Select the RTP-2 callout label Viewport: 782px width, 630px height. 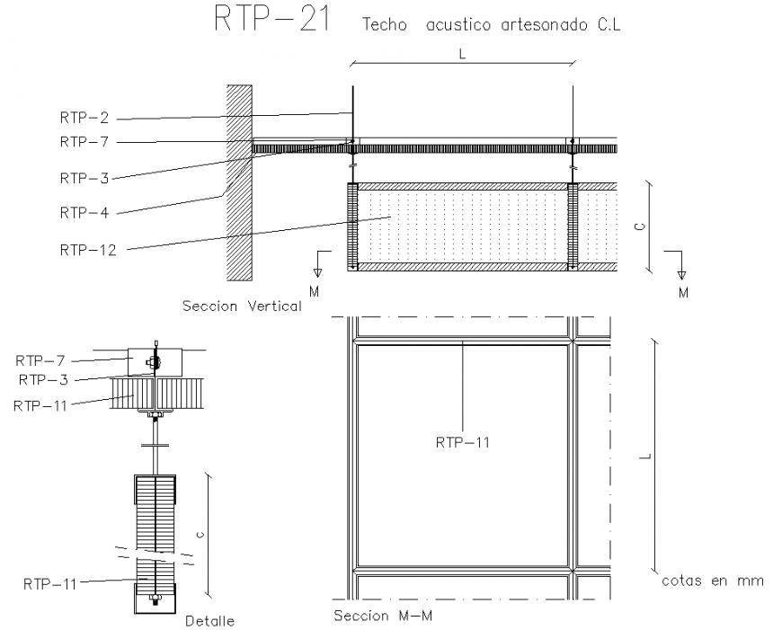[x=84, y=118]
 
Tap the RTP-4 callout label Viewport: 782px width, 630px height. [x=84, y=213]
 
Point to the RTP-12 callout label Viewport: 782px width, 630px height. [x=88, y=250]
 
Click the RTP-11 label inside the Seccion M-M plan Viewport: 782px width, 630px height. [x=463, y=441]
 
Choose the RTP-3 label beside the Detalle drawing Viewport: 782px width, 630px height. [x=43, y=378]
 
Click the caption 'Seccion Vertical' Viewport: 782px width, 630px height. [x=241, y=306]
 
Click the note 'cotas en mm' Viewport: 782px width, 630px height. [x=713, y=581]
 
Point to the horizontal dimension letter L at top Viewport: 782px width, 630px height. [x=462, y=53]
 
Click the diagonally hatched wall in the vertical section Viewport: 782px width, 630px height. [x=238, y=180]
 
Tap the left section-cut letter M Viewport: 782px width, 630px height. [x=314, y=291]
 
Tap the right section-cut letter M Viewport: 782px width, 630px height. [x=684, y=293]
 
